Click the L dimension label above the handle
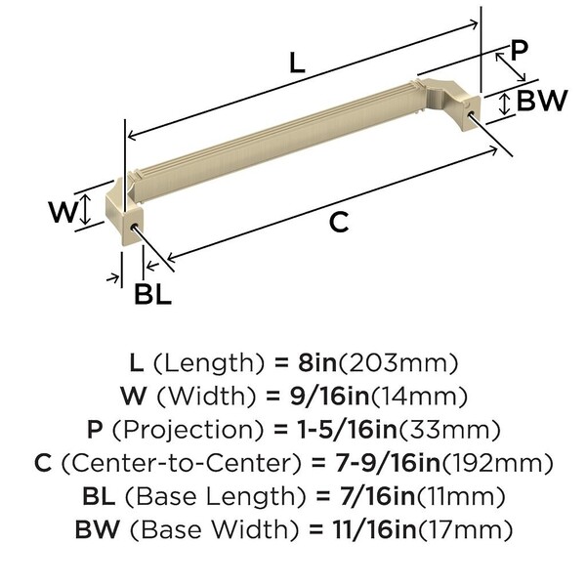point(297,63)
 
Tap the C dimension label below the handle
point(339,222)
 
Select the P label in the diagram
point(519,50)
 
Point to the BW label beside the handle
point(542,101)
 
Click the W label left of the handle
point(63,212)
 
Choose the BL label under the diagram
point(153,294)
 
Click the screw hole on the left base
point(134,226)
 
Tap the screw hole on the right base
point(470,112)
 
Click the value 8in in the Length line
point(317,362)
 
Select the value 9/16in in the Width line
point(330,397)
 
